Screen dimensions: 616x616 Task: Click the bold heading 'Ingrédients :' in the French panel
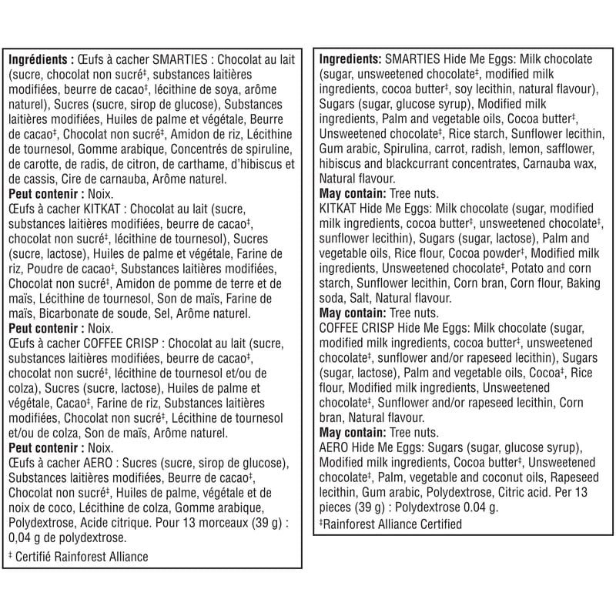(41, 60)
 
